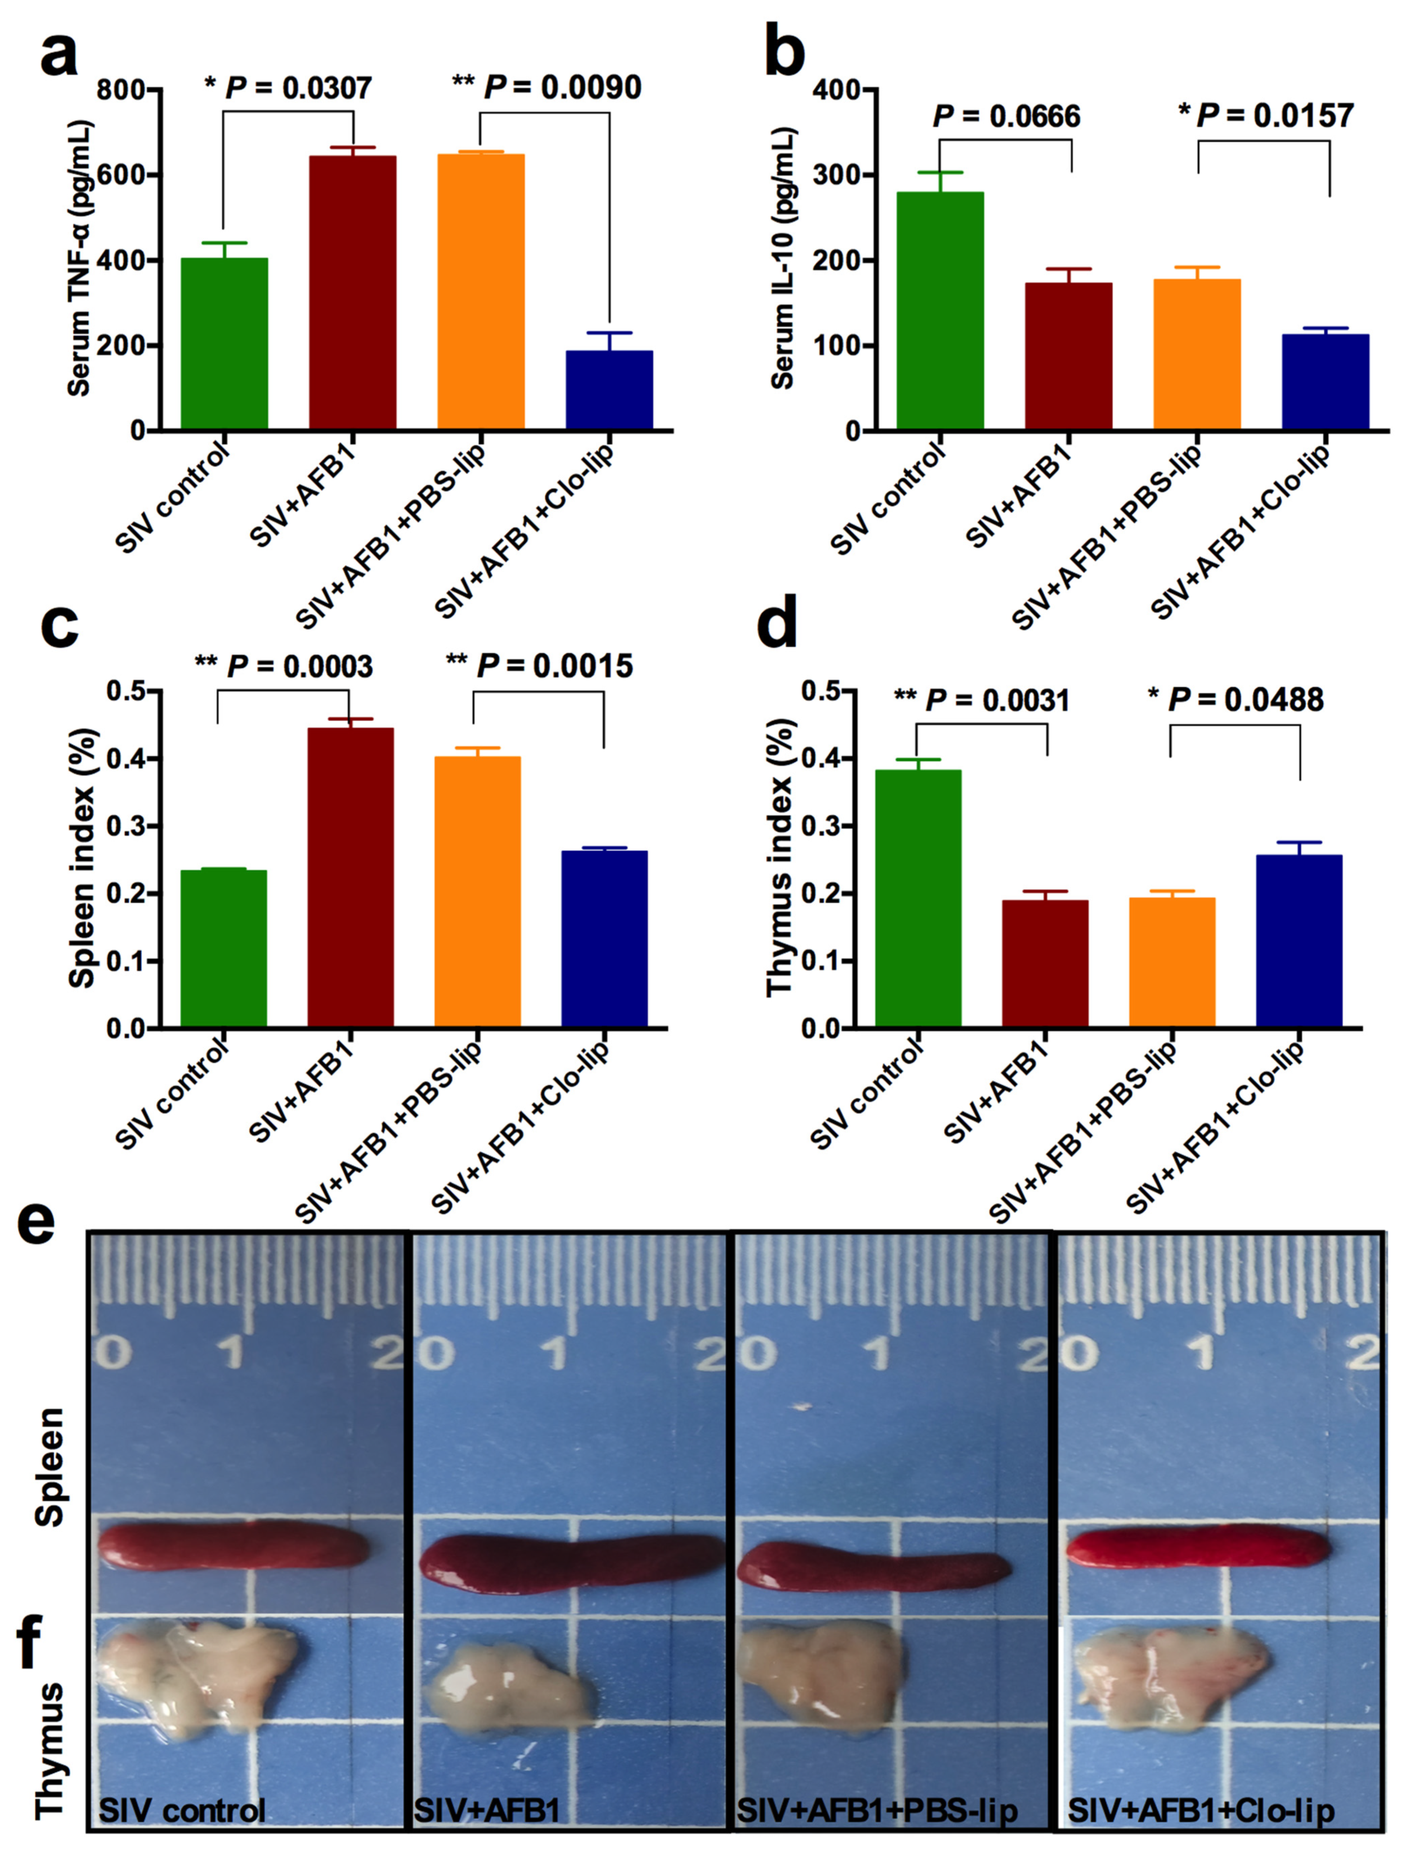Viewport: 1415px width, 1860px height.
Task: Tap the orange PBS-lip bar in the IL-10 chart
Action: click(1197, 354)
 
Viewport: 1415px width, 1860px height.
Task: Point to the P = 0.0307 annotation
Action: click(288, 88)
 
